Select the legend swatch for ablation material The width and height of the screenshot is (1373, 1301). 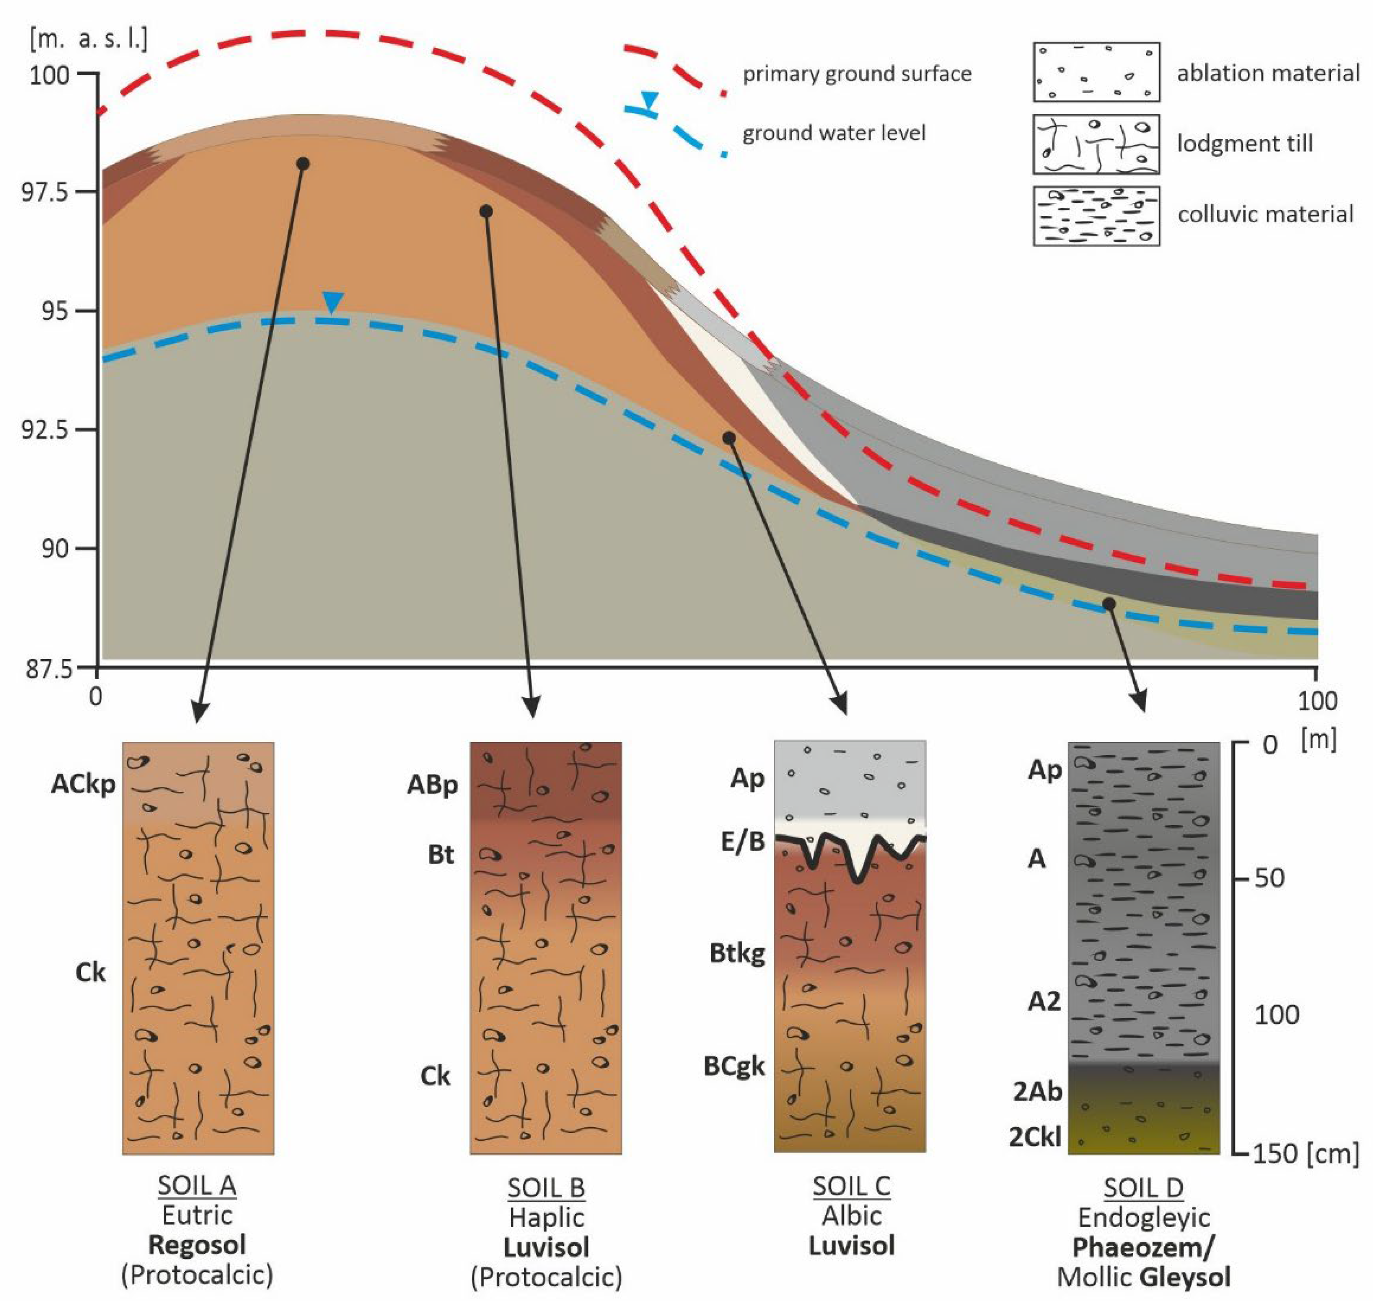[1096, 72]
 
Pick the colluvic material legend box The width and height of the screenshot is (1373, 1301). [1096, 216]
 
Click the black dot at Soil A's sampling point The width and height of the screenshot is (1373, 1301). [302, 164]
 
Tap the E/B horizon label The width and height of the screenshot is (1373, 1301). [743, 841]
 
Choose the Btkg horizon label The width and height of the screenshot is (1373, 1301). [737, 954]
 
